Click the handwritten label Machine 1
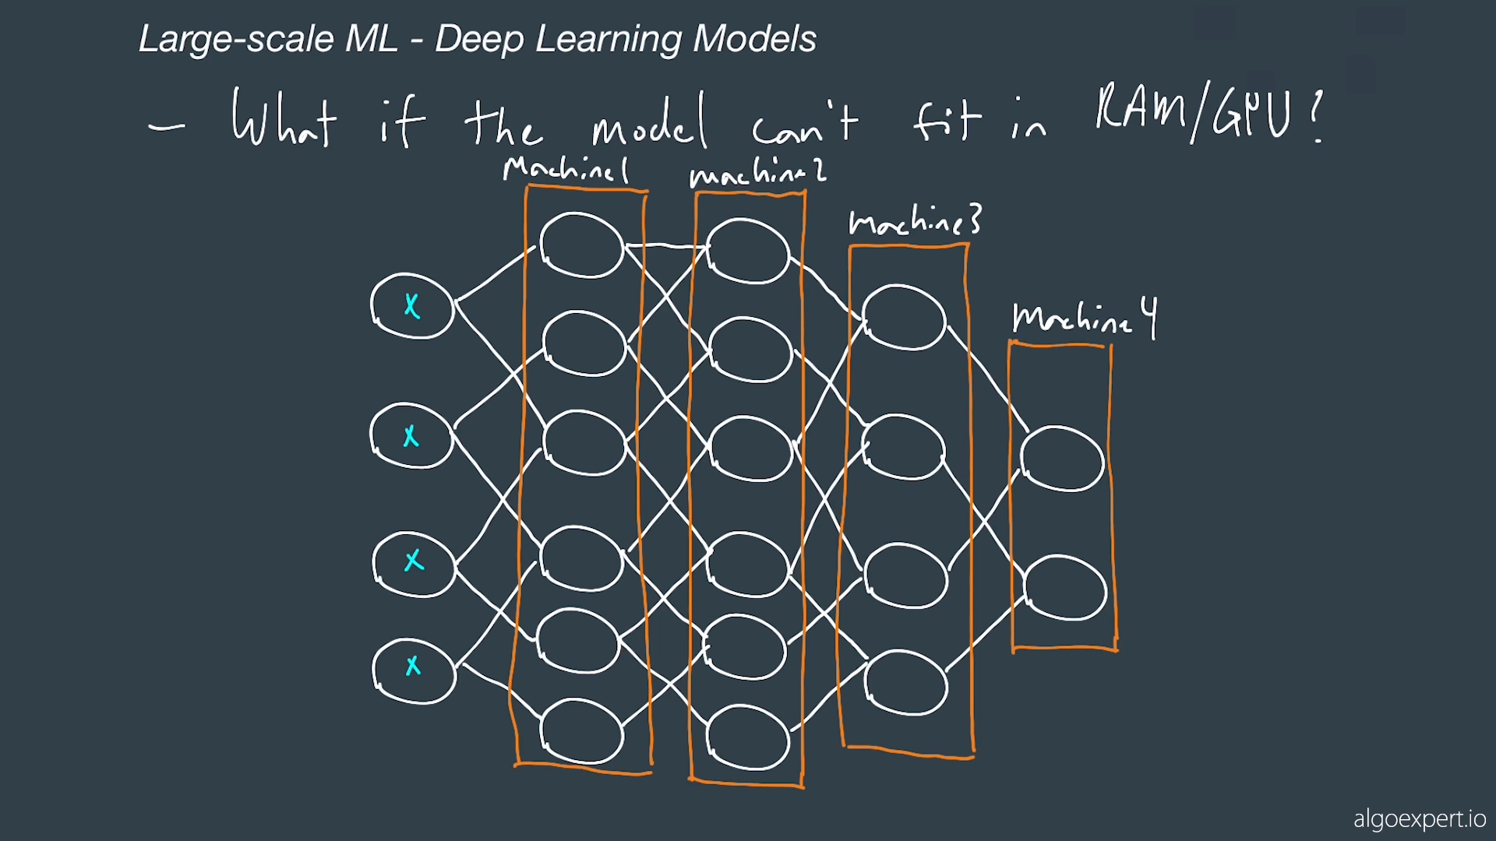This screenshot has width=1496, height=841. pyautogui.click(x=566, y=169)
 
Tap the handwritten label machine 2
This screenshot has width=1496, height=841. pyautogui.click(x=757, y=173)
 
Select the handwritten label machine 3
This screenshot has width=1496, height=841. pyautogui.click(x=915, y=221)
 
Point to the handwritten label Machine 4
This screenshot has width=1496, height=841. pyautogui.click(x=1084, y=318)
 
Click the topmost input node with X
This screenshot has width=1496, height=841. pyautogui.click(x=412, y=305)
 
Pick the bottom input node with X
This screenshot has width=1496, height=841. pyautogui.click(x=414, y=670)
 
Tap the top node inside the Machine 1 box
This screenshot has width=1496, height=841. pyautogui.click(x=581, y=245)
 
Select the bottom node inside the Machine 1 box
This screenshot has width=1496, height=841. pyautogui.click(x=581, y=730)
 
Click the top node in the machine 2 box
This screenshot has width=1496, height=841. pyautogui.click(x=748, y=251)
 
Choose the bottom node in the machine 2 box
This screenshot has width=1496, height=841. pyautogui.click(x=748, y=737)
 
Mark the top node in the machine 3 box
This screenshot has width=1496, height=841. pyautogui.click(x=904, y=317)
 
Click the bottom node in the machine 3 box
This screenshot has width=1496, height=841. pyautogui.click(x=905, y=683)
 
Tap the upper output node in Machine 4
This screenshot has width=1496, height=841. pyautogui.click(x=1062, y=459)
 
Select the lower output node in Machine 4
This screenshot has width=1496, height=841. pyautogui.click(x=1064, y=588)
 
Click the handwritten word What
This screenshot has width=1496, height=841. pyautogui.click(x=284, y=118)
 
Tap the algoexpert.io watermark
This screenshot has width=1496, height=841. pyautogui.click(x=1419, y=819)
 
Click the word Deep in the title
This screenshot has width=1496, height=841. pyautogui.click(x=478, y=39)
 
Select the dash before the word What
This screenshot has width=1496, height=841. pyautogui.click(x=167, y=126)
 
